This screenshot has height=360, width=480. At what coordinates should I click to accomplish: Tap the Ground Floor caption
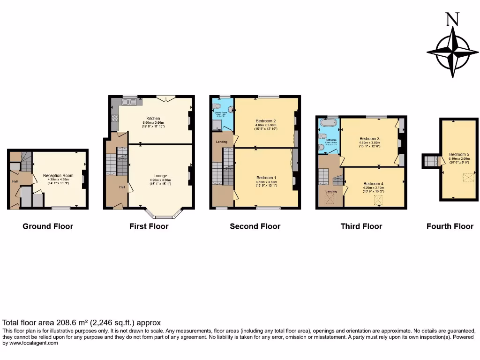click(48, 226)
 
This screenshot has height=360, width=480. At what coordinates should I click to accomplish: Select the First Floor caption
click(149, 226)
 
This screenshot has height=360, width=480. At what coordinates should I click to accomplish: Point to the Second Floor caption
click(255, 226)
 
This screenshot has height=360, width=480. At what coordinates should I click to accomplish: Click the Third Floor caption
click(361, 226)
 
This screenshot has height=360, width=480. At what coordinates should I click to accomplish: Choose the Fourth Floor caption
click(450, 226)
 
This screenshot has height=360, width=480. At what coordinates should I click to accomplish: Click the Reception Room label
click(59, 176)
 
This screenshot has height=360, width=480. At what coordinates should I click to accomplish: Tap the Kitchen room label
click(153, 118)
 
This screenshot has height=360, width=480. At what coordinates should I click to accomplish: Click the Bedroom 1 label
click(266, 178)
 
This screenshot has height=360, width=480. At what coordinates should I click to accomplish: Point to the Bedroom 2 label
click(265, 121)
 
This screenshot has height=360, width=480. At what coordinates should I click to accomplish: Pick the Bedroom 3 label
click(369, 139)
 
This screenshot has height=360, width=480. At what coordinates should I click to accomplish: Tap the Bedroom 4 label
click(374, 183)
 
